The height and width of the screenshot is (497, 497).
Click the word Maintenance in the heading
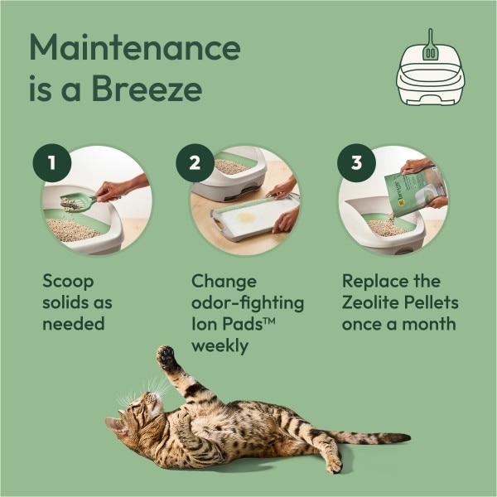click(x=135, y=47)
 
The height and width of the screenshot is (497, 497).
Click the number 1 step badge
click(x=52, y=162)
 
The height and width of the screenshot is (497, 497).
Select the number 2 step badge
click(x=195, y=162)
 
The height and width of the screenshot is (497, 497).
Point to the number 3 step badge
click(x=356, y=162)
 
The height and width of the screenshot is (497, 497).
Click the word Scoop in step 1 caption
click(x=68, y=282)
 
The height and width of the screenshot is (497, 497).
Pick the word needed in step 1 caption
click(x=74, y=324)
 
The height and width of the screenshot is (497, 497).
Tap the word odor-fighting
click(x=248, y=303)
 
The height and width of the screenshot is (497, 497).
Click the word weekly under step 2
click(x=220, y=345)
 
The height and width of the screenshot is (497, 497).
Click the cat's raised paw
click(x=166, y=357)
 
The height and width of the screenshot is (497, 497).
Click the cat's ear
click(x=115, y=425)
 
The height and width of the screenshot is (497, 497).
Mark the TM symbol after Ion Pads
click(x=268, y=321)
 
